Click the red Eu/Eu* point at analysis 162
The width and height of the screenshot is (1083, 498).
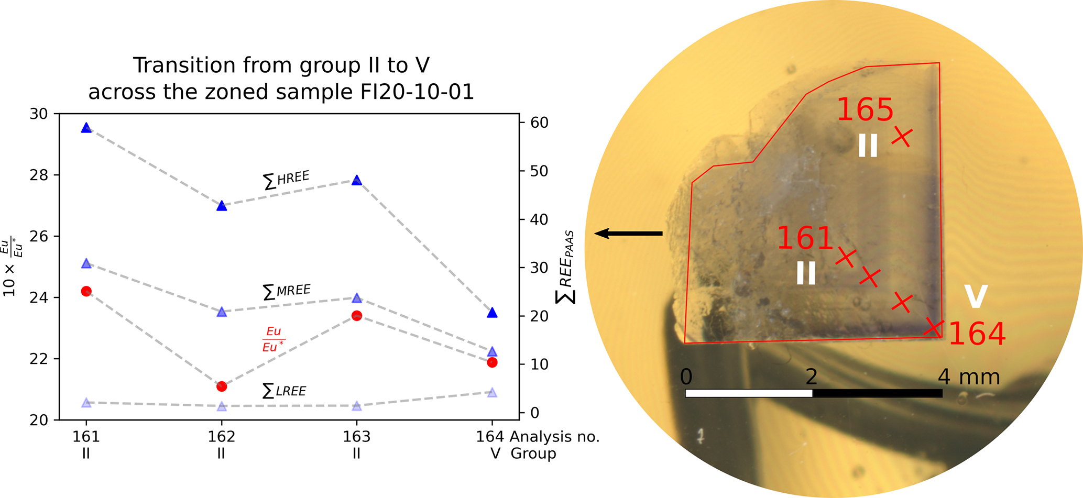(x=222, y=386)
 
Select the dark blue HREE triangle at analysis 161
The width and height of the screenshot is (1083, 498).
(x=86, y=128)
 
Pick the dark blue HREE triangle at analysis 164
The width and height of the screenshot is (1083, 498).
(x=492, y=313)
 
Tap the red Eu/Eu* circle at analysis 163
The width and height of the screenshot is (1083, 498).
(x=357, y=316)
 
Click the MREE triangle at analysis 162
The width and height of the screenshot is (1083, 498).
(x=222, y=312)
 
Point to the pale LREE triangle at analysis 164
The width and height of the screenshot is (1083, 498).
(x=492, y=392)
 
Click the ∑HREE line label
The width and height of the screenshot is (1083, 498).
(x=286, y=180)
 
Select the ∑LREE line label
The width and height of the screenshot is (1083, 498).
(x=284, y=391)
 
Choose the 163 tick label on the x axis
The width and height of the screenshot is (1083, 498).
(x=357, y=437)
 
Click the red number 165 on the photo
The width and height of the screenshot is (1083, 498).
(x=865, y=110)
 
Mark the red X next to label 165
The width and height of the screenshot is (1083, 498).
(x=902, y=137)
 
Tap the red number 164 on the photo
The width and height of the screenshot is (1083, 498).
(x=977, y=334)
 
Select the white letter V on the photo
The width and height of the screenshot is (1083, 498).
(x=976, y=296)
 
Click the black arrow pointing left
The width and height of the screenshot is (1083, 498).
(x=628, y=234)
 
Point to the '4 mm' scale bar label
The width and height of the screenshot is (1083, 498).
(x=969, y=377)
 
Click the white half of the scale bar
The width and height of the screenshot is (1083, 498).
(x=749, y=393)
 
